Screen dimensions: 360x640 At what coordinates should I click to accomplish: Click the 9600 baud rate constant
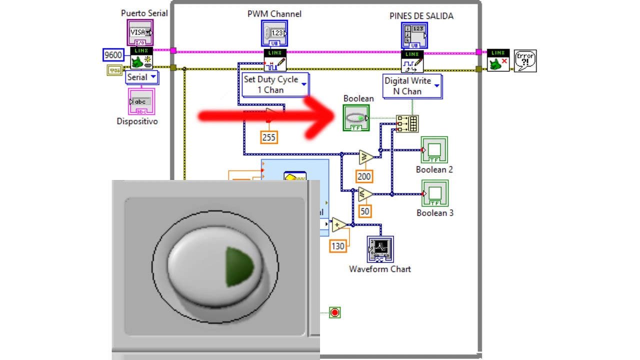[x=113, y=55]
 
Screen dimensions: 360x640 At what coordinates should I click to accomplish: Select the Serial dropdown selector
[x=141, y=77]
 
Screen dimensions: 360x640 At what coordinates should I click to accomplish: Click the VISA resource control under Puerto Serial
[x=140, y=32]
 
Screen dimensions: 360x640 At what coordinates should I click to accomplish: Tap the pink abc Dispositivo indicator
[x=141, y=101]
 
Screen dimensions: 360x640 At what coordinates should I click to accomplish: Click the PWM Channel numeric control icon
[x=274, y=33]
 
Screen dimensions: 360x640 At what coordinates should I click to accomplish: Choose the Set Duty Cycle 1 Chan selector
[x=275, y=84]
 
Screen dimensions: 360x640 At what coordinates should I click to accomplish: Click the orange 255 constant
[x=269, y=137]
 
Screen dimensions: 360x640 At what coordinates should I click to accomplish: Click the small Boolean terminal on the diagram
[x=356, y=118]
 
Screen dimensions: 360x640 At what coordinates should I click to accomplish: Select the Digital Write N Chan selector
[x=412, y=86]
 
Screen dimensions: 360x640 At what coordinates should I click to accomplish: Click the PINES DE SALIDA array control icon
[x=414, y=35]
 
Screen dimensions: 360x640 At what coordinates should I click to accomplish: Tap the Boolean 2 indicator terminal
[x=434, y=149]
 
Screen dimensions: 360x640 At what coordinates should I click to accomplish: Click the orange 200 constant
[x=364, y=176]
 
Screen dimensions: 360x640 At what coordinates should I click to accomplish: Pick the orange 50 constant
[x=365, y=211]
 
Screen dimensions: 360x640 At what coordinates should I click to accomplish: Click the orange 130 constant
[x=338, y=246]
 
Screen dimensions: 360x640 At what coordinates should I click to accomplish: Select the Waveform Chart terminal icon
[x=380, y=248]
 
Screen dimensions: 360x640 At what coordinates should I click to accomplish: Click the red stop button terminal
[x=335, y=312]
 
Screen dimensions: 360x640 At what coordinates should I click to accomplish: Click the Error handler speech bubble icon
[x=525, y=60]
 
